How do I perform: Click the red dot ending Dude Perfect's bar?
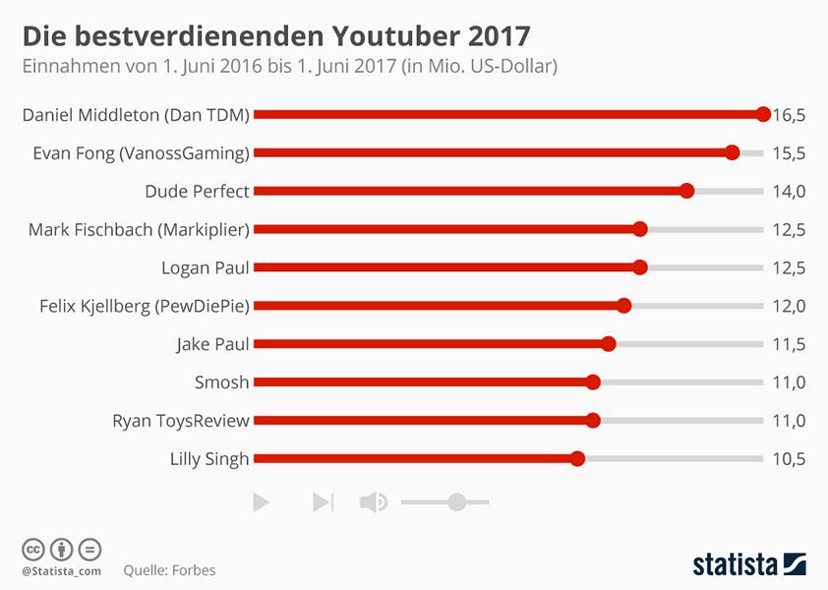pos(687,191)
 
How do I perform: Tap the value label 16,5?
pos(789,115)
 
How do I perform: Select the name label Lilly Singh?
pos(210,458)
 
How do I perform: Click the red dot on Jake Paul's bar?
pos(609,344)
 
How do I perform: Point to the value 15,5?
pos(789,153)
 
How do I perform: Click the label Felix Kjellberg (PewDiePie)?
pos(144,306)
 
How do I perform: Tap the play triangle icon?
pos(261,502)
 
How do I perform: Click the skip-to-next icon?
pos(323,502)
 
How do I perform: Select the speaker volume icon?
pos(373,502)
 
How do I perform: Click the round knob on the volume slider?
pos(456,502)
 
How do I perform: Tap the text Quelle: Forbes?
pos(169,570)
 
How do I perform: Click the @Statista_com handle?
pos(61,571)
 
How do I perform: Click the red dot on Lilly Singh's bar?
pos(577,458)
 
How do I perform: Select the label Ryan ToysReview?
pos(181,421)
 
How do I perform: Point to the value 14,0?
pos(789,192)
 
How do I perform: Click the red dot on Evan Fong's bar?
pos(732,152)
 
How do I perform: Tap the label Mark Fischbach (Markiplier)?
pos(139,229)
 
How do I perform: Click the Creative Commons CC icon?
pos(33,549)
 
